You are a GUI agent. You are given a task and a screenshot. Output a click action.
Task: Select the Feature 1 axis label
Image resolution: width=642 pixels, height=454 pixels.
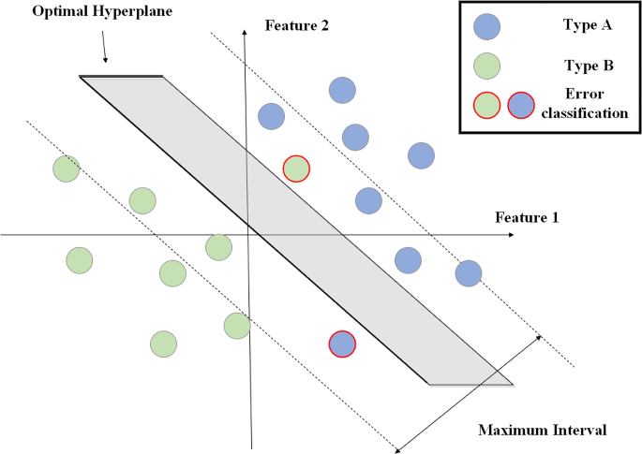coord(527,217)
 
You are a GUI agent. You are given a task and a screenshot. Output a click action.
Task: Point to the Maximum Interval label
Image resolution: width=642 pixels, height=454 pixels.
coord(543,431)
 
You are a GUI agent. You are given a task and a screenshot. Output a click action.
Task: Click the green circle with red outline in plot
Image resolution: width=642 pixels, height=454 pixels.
coord(297,168)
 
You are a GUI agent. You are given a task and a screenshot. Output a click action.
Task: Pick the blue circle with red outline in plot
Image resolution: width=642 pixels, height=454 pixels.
coord(342,344)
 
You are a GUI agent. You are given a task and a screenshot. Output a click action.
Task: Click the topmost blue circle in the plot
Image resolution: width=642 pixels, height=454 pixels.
coord(343,90)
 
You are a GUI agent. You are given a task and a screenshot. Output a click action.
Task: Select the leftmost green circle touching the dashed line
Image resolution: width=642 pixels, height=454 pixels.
coord(66,169)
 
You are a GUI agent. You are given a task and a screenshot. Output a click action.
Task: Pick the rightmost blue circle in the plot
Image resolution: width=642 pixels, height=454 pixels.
coord(468,273)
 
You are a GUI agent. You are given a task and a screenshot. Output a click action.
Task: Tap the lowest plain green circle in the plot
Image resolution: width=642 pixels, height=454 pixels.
coord(164,344)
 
